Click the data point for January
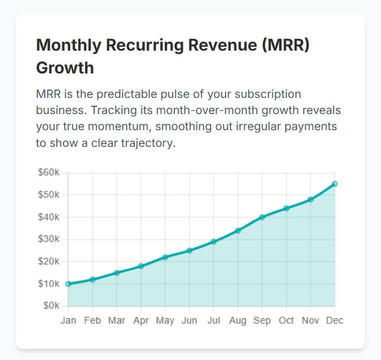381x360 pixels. tap(69, 284)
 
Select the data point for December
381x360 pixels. tap(335, 184)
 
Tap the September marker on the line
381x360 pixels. tap(262, 217)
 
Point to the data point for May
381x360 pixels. tap(165, 257)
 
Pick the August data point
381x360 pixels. tap(238, 230)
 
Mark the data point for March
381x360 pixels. tap(117, 273)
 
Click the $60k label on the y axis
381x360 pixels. tap(49, 172)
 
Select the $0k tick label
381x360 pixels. tap(51, 306)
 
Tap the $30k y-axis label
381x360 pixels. tap(49, 239)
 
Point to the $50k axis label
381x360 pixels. tap(49, 195)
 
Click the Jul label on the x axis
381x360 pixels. tap(213, 320)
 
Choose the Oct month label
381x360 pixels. tap(286, 320)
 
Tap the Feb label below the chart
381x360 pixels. tap(92, 320)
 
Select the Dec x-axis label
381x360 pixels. tap(335, 320)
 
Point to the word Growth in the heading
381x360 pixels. tap(65, 68)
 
